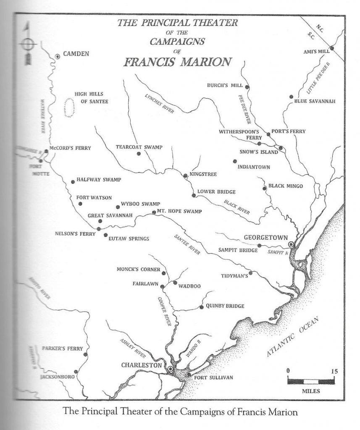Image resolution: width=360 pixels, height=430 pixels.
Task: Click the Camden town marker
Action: tap(58, 56)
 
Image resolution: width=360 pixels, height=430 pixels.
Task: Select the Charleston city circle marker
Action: tap(170, 369)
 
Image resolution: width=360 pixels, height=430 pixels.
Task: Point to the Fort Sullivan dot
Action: tap(189, 374)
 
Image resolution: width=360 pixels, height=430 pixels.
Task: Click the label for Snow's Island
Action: tap(258, 152)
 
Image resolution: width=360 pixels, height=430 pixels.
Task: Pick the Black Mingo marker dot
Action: tap(265, 189)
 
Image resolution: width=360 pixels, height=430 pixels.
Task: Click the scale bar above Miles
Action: tap(311, 381)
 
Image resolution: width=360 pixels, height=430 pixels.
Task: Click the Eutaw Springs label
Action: tap(129, 239)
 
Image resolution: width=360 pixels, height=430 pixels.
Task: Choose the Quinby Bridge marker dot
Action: tap(202, 307)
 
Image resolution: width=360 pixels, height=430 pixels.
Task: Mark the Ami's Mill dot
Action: tap(332, 48)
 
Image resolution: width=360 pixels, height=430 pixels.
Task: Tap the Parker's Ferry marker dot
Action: tap(85, 355)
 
